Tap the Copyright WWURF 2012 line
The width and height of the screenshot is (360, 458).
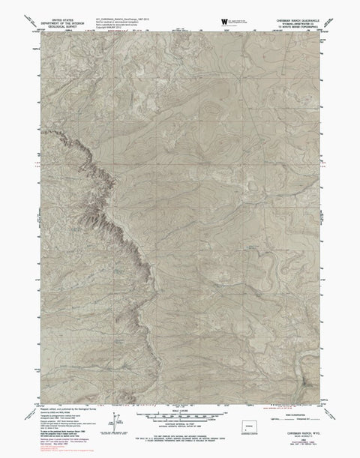click(x=139, y=26)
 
